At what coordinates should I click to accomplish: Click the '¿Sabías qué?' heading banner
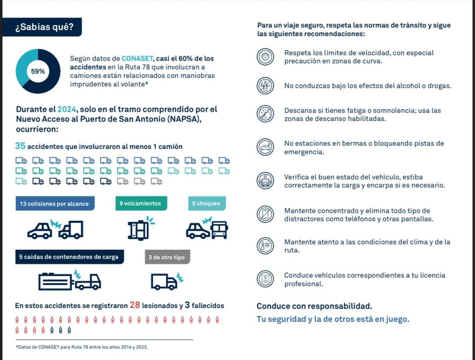pos(42,27)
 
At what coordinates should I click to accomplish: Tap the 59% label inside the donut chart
pos(38,71)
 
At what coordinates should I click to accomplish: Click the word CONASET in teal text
pos(137,58)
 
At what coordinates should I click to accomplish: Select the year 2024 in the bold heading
pos(66,109)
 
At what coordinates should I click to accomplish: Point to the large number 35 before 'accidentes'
pos(20,146)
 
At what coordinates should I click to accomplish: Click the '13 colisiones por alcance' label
pos(55,203)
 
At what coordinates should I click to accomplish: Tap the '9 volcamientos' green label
pos(141,203)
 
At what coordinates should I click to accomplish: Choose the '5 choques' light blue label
pos(207,203)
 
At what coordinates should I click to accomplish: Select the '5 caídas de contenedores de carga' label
pos(70,257)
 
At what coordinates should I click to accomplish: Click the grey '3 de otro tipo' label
pos(167,257)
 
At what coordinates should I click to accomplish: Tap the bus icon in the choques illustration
pos(219,230)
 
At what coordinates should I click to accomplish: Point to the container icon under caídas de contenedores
pos(56,282)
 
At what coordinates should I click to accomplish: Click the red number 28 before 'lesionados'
pos(135,305)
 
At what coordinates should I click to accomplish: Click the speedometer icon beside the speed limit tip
pos(265,57)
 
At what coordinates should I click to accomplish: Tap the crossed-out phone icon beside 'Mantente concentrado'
pos(265,214)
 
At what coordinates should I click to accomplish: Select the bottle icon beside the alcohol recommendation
pos(265,85)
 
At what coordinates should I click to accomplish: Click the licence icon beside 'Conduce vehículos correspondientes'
pos(265,279)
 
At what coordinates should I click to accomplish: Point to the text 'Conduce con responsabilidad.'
pos(315,306)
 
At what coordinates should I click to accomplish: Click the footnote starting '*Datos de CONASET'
pos(82,347)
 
